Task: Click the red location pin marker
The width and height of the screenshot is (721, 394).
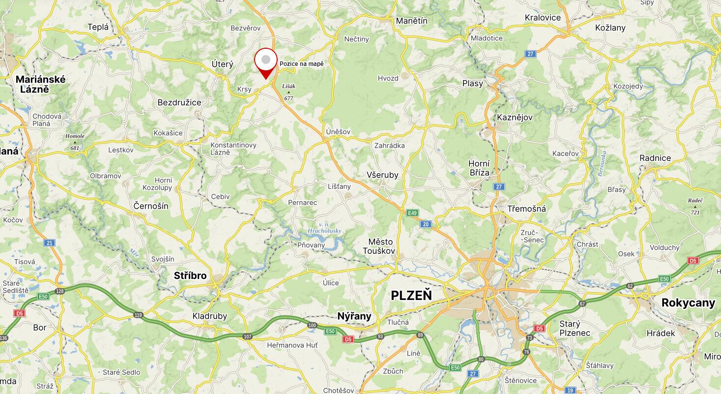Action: [x=266, y=62]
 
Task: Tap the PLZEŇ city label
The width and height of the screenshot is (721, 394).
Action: [x=411, y=295]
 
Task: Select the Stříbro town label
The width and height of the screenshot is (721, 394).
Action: [x=190, y=276]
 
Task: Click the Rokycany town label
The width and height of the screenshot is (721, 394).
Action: [x=688, y=303]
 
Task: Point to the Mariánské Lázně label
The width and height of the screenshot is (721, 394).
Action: [x=40, y=84]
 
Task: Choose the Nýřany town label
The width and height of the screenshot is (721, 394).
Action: [x=354, y=316]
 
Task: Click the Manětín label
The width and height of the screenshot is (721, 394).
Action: [x=412, y=21]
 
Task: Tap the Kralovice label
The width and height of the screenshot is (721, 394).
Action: [x=543, y=18]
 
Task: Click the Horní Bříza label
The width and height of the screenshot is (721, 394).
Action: [x=479, y=168]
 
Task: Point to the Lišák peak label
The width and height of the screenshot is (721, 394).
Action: [x=288, y=87]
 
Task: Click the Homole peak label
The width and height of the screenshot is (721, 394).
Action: [x=75, y=136]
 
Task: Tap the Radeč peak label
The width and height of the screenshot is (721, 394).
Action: [x=695, y=201]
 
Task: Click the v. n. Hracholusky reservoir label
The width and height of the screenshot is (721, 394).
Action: [x=324, y=228]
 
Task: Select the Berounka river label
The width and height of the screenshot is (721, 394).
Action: [x=602, y=164]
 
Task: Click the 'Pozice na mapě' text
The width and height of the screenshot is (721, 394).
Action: [x=302, y=64]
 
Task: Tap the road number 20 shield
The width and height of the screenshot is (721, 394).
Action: [x=426, y=224]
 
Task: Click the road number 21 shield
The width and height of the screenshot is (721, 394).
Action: [x=49, y=243]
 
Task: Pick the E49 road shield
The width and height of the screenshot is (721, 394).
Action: [x=412, y=213]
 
